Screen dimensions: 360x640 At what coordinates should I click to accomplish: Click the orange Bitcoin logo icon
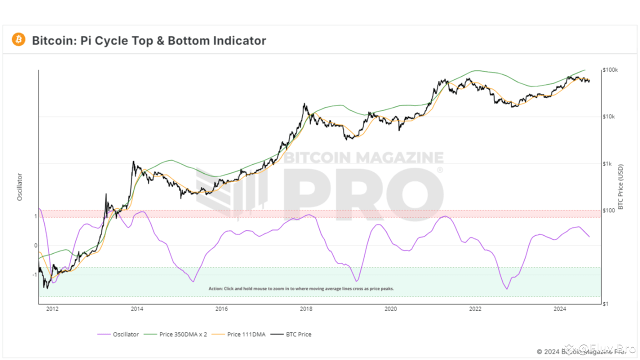tap(18, 39)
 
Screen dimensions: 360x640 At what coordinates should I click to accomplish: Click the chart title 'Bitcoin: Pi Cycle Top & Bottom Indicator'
tap(149, 40)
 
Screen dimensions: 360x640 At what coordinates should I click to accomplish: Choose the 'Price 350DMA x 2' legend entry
tap(176, 334)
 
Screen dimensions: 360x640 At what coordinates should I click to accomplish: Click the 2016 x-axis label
tap(221, 308)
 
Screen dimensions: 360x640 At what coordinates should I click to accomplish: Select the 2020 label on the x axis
tap(390, 308)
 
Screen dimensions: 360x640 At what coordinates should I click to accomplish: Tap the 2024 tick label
tap(560, 308)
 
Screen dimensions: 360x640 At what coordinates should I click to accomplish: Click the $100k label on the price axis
tap(610, 70)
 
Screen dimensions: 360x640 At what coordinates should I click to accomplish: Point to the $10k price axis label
tap(608, 116)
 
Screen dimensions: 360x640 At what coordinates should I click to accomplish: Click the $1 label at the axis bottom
tap(605, 303)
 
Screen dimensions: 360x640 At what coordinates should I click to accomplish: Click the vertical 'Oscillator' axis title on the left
tap(20, 187)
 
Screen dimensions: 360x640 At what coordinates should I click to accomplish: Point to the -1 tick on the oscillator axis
tap(34, 274)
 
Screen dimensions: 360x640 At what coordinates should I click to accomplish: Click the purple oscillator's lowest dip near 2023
tap(506, 289)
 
